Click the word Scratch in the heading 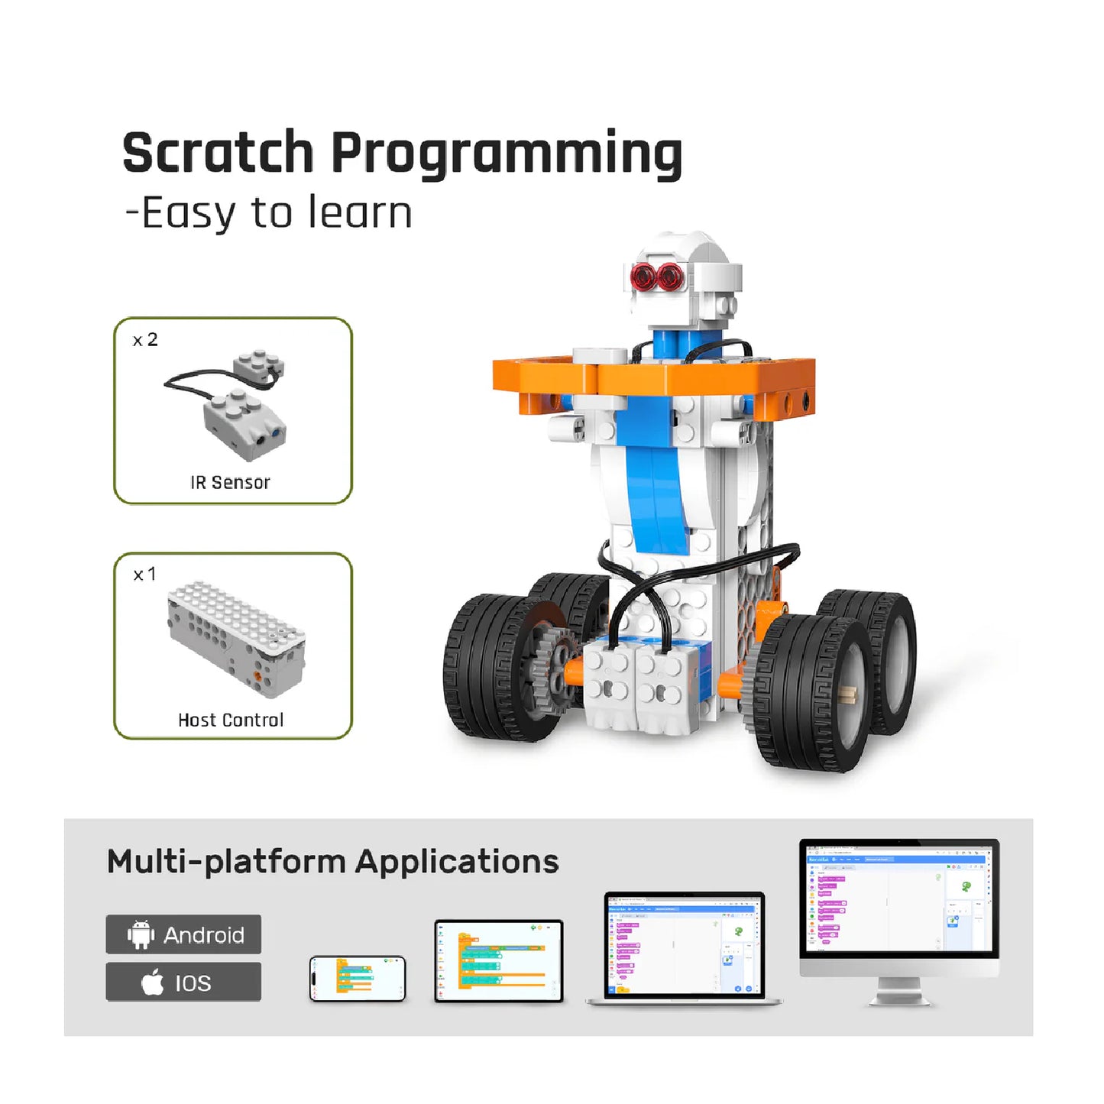tap(218, 153)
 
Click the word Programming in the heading tap(507, 155)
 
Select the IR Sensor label tap(230, 482)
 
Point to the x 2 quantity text tap(145, 340)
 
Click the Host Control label tap(230, 720)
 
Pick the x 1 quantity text tap(144, 574)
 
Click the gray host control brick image tap(236, 638)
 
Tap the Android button tap(183, 934)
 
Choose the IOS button tap(183, 982)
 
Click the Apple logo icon tap(153, 982)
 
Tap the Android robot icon tap(141, 934)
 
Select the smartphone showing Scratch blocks tap(358, 978)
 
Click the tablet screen tap(498, 960)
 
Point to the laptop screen tap(684, 945)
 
